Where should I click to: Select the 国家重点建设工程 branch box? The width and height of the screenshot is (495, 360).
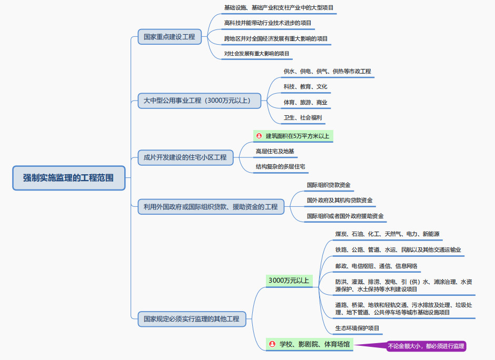[x=170, y=37]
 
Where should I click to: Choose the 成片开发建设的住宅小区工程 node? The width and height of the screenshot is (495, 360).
[x=185, y=157]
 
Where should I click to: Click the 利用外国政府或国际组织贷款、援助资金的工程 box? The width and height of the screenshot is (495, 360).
[x=210, y=207]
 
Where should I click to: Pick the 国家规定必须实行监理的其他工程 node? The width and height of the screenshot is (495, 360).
[x=192, y=318]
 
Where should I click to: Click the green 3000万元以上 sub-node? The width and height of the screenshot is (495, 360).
[x=289, y=281]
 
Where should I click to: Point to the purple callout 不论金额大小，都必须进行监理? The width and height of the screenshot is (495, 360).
[x=426, y=346]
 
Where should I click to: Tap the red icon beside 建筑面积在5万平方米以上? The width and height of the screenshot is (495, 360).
[x=259, y=136]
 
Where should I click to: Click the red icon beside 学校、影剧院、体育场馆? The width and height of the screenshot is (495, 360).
[x=272, y=344]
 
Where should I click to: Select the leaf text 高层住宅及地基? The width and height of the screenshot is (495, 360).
[x=275, y=152]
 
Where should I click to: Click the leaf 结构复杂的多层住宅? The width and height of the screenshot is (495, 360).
[x=280, y=167]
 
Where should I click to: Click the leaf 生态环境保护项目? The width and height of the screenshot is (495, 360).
[x=358, y=328]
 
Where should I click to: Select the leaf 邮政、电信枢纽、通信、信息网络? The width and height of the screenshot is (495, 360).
[x=377, y=266]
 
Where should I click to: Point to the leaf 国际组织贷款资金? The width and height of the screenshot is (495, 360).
[x=329, y=185]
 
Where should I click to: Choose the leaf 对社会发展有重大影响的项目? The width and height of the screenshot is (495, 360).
[x=256, y=54]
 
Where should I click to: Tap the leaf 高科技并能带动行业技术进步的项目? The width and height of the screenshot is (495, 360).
[x=268, y=23]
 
